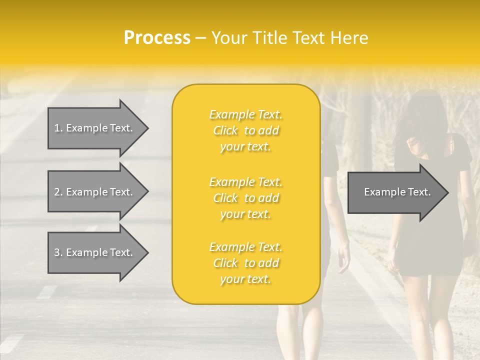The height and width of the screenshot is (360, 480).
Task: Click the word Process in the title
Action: [x=157, y=38]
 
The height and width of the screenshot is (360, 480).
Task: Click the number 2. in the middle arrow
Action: [x=58, y=192]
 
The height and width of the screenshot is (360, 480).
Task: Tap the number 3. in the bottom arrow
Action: [x=58, y=252]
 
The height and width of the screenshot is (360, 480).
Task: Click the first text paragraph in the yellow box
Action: [x=245, y=130]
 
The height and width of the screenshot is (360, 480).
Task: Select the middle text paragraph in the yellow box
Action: [x=245, y=198]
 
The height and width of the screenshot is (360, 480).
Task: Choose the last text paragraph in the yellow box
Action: [x=245, y=263]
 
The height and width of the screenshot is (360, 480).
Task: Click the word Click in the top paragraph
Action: [x=225, y=130]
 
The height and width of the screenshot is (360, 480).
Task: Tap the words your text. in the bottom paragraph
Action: [x=245, y=279]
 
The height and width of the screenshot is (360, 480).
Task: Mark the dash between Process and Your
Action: [x=200, y=38]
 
